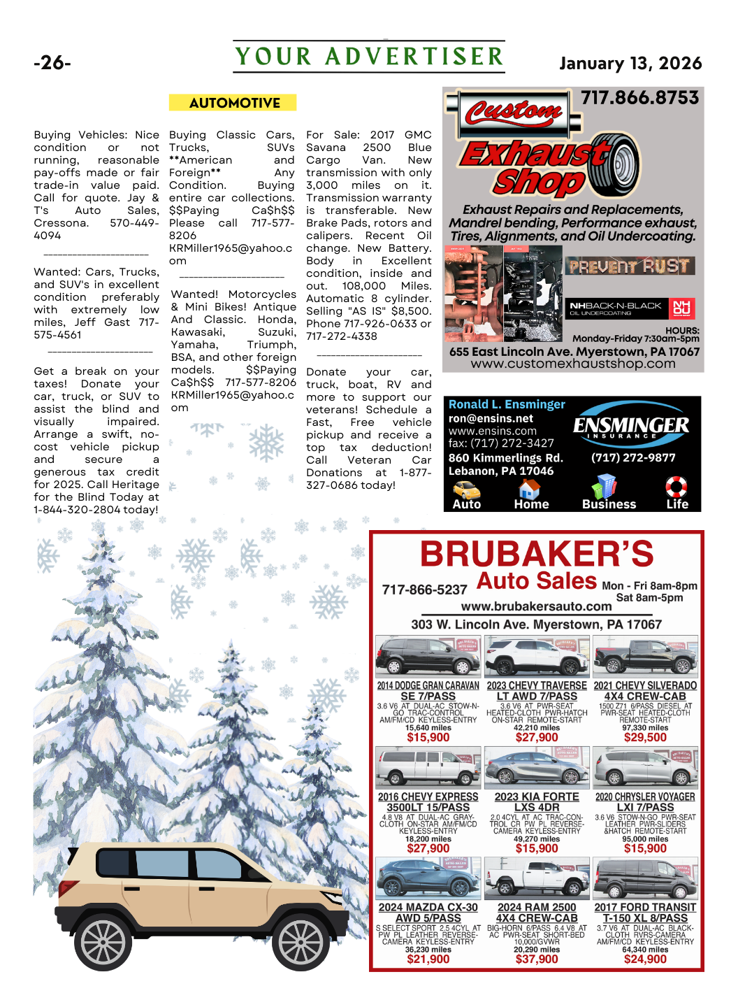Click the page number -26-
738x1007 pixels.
click(x=52, y=63)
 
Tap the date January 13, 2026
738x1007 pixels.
click(x=630, y=64)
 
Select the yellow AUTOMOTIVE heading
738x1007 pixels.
click(x=234, y=103)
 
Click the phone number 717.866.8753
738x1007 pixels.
click(x=639, y=98)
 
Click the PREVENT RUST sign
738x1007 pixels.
click(x=629, y=266)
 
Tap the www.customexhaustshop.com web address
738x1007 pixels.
click(x=573, y=364)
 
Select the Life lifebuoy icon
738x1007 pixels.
click(x=676, y=487)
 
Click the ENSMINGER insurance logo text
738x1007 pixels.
click(x=631, y=425)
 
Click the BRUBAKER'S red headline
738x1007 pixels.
click(x=537, y=554)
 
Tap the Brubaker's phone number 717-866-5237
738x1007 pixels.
click(x=424, y=590)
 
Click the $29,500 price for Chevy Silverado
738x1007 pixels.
click(x=645, y=737)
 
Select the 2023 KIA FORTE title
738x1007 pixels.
click(x=537, y=797)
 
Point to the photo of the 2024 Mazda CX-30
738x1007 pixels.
click(x=428, y=878)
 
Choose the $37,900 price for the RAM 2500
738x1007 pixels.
click(x=537, y=959)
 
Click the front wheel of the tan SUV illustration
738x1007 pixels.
click(x=301, y=941)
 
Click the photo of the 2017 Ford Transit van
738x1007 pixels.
click(x=645, y=878)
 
